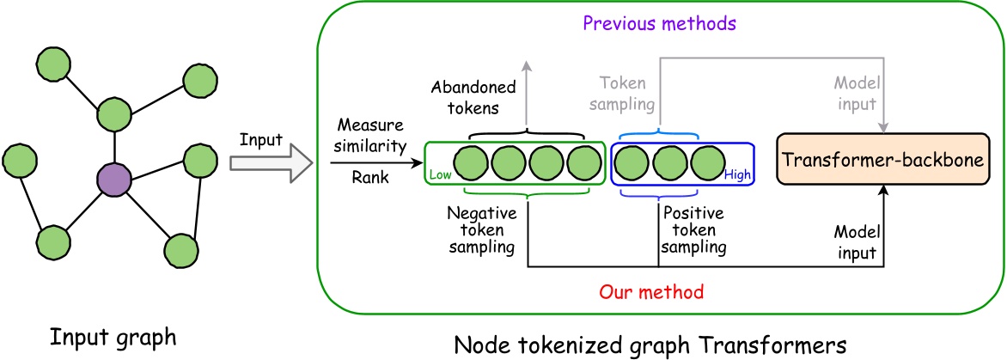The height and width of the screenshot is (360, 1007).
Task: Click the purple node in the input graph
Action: pyautogui.click(x=113, y=180)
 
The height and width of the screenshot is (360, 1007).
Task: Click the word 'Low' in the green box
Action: pyautogui.click(x=439, y=176)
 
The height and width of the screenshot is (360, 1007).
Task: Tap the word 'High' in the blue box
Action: pyautogui.click(x=737, y=175)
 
